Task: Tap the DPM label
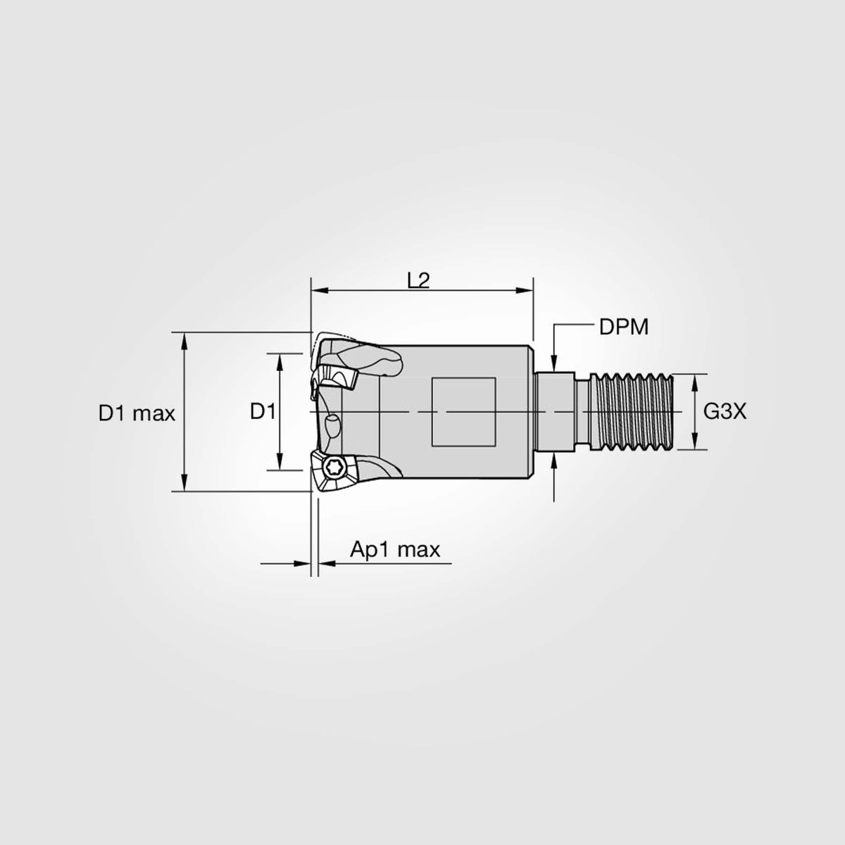(x=623, y=327)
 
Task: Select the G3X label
(x=725, y=412)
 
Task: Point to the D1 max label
(x=137, y=413)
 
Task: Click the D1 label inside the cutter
(x=263, y=411)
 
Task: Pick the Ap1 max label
(x=395, y=549)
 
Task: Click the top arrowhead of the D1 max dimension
(x=184, y=339)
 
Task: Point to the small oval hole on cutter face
(x=331, y=425)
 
